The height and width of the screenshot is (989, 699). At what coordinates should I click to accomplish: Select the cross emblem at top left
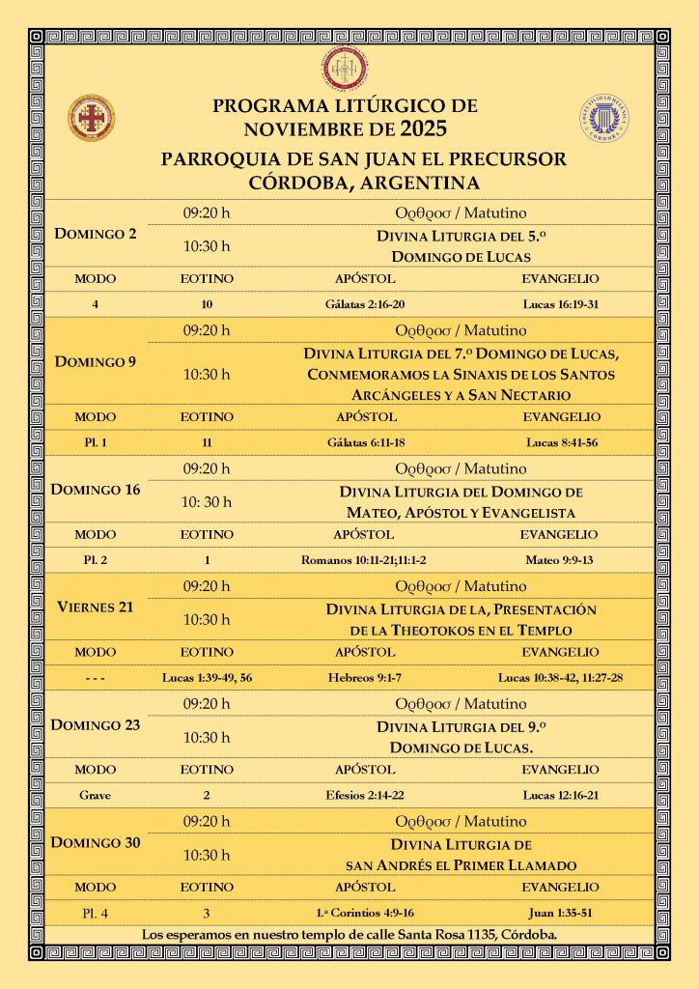coord(92,117)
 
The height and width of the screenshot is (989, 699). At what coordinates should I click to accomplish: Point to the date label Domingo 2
coord(95,234)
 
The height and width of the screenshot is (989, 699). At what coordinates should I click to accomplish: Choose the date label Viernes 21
coord(95,608)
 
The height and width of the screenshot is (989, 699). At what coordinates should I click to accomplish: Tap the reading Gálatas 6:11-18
coord(365,442)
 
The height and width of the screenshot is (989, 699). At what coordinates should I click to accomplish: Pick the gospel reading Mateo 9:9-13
coord(560,559)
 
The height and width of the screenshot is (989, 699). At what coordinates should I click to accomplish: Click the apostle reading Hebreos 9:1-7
coord(365,677)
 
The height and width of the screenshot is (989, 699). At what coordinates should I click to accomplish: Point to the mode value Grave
coord(95,794)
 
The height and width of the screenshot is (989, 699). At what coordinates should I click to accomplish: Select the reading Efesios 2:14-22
coord(365,794)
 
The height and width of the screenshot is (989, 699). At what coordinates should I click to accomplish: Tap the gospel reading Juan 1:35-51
coord(561,911)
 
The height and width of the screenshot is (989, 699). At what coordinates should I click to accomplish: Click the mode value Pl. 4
coord(95,911)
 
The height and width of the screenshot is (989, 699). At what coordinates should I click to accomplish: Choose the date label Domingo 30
coord(97,842)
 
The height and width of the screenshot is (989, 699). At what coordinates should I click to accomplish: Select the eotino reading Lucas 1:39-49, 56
coord(208,677)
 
